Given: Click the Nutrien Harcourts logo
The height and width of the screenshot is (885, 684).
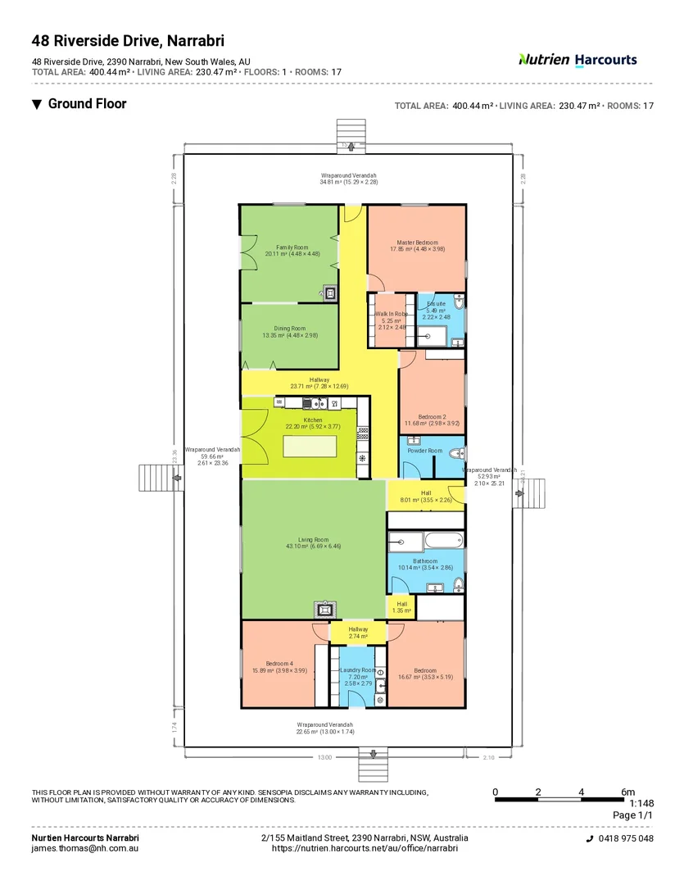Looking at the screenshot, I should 578,60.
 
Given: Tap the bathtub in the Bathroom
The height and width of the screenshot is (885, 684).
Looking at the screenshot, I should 425,540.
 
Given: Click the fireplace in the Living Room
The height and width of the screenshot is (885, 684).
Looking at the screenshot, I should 324,609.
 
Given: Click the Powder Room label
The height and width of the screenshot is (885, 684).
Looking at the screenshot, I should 425,451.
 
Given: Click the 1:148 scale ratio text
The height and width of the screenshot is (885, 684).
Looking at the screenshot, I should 643,804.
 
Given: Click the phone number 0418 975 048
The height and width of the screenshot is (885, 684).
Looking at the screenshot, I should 625,839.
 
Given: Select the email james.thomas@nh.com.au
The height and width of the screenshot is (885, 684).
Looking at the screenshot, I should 84,848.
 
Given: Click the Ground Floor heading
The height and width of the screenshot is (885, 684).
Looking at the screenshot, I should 87,104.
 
